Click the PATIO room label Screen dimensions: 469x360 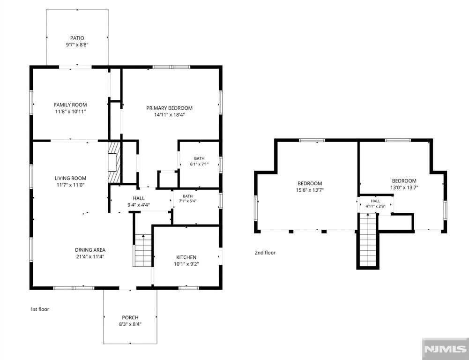click(77, 38)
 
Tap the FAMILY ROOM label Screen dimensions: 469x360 click(70, 105)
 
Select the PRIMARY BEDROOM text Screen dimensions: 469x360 click(169, 108)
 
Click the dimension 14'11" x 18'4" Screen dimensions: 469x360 click(169, 115)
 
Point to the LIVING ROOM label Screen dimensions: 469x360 click(70, 178)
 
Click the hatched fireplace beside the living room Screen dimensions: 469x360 click(114, 162)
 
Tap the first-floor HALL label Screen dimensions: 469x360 click(139, 198)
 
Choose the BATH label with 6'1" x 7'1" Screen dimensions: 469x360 click(199, 158)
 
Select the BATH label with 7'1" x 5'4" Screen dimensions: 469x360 click(187, 196)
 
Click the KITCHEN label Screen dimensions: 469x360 click(186, 257)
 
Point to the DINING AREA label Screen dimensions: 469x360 click(90, 250)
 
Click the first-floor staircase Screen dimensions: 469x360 click(143, 250)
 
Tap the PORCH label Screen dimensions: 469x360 click(130, 317)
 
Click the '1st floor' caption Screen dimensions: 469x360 click(40, 309)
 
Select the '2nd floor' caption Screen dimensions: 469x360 click(265, 253)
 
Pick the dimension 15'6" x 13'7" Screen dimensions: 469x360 click(310, 190)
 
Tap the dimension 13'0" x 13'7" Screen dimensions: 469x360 click(404, 187)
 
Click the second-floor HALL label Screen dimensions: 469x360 click(375, 201)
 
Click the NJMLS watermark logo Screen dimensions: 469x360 click(446, 349)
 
